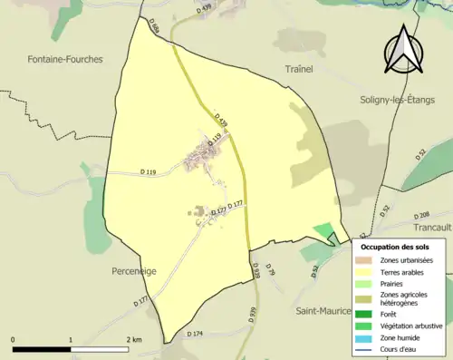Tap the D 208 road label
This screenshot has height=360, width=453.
pyautogui.click(x=419, y=215)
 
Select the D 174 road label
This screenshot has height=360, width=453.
pyautogui.click(x=195, y=334)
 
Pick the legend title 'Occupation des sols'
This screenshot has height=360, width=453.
pyautogui.click(x=394, y=246)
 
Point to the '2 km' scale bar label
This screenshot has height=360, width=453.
pyautogui.click(x=134, y=339)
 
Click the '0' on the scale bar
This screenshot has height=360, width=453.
pyautogui.click(x=14, y=339)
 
